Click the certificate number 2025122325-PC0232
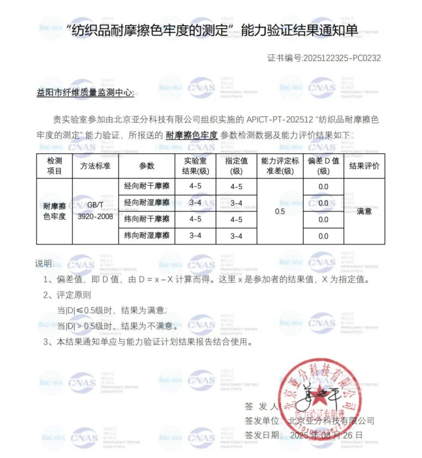(x=341, y=59)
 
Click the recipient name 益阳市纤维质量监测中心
(x=89, y=93)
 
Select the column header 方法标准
(x=95, y=165)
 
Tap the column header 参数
(x=147, y=165)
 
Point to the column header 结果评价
(x=364, y=165)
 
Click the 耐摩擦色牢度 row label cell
(x=54, y=211)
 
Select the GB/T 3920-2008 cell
(x=95, y=211)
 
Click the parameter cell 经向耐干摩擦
(x=147, y=186)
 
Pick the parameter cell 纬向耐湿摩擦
(x=147, y=236)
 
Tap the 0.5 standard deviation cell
(x=280, y=211)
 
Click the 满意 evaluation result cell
(x=364, y=211)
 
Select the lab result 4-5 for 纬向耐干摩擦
(x=195, y=219)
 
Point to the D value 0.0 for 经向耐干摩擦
(x=323, y=187)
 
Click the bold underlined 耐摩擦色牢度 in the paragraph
(x=191, y=135)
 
